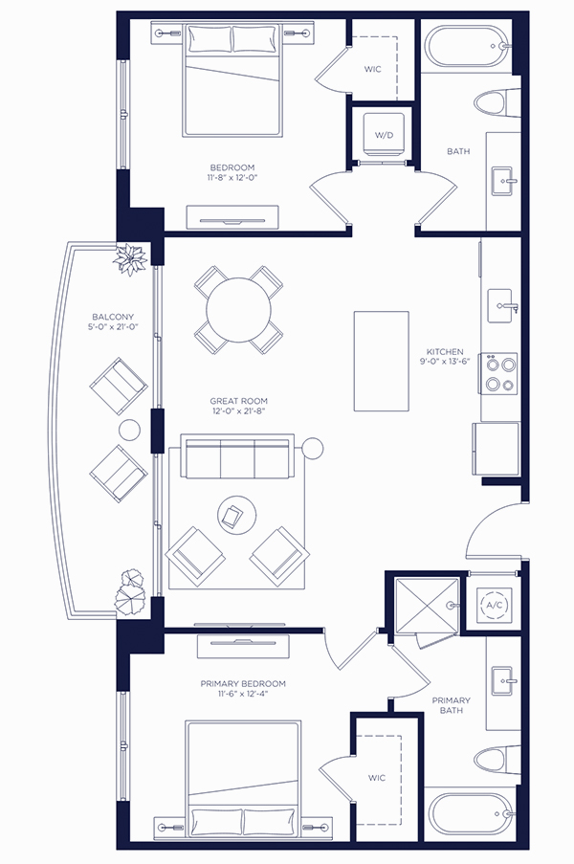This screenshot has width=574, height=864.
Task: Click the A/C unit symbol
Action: click(494, 605)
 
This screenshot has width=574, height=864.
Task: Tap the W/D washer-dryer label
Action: click(384, 135)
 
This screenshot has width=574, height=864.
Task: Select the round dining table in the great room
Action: click(238, 310)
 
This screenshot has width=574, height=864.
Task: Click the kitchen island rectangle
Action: click(381, 361)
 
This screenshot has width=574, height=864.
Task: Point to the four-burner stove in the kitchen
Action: click(500, 373)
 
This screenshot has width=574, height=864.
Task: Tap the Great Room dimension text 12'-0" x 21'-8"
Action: click(238, 411)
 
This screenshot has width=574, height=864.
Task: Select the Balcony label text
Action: click(113, 317)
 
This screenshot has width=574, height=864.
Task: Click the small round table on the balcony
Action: click(130, 430)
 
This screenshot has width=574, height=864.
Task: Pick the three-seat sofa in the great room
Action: click(237, 456)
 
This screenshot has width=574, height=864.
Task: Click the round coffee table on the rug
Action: click(237, 514)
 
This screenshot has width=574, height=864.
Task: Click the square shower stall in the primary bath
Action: click(428, 605)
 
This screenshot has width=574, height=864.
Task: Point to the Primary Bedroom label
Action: click(243, 684)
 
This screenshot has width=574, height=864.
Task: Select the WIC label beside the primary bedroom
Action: click(377, 778)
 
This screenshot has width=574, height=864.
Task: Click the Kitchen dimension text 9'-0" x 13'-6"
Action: click(445, 362)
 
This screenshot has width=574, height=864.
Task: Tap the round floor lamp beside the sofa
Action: click(312, 448)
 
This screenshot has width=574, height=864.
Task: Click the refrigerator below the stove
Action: click(496, 449)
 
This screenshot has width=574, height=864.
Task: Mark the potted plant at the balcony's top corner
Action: click(130, 259)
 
